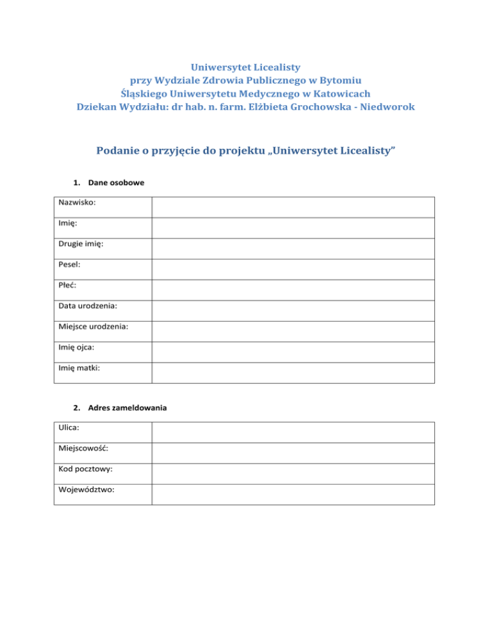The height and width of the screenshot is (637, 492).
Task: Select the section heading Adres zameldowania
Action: [x=123, y=408]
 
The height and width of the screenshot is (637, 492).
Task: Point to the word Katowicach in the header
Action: [x=341, y=94]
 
